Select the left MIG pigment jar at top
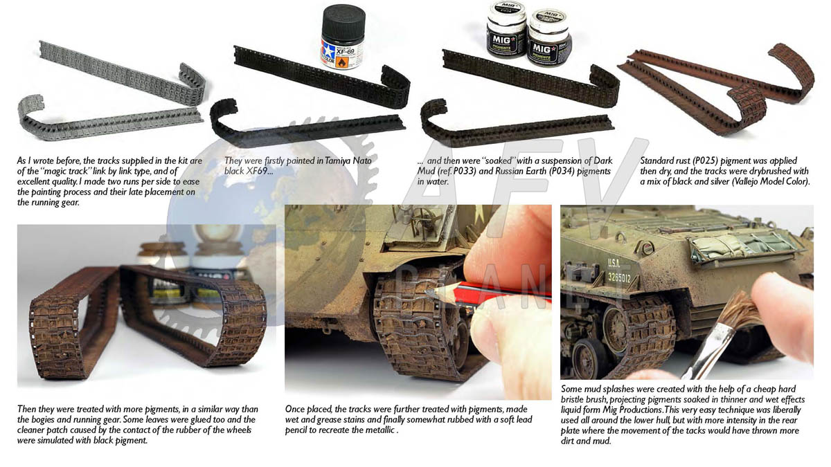coord(506,30)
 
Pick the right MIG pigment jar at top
coord(549,38)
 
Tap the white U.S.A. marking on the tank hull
coord(614,262)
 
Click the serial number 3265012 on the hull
coord(619,277)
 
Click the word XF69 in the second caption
coord(256,172)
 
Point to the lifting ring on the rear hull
coord(645,247)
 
